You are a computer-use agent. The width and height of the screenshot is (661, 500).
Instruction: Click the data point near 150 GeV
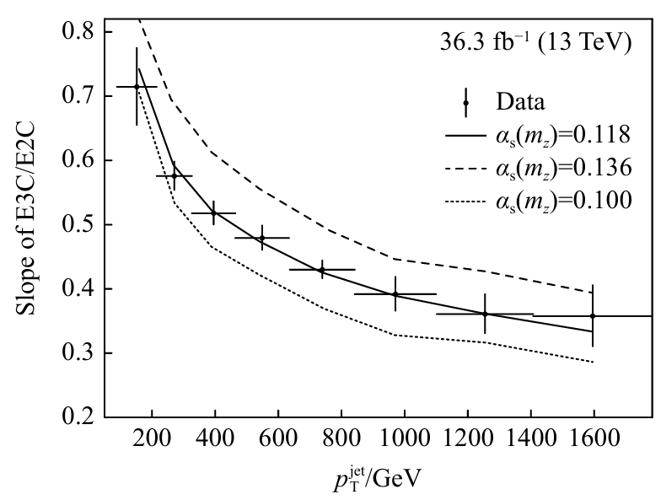137,86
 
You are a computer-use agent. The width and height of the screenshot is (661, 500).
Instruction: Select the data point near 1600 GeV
593,315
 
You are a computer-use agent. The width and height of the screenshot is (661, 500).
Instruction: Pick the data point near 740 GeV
322,270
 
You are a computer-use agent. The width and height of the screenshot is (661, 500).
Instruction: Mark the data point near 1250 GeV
485,314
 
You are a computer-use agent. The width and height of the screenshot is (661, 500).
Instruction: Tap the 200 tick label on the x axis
153,439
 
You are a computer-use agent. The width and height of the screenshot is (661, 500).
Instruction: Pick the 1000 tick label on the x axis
405,439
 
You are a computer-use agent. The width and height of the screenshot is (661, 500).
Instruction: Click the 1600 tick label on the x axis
594,439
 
